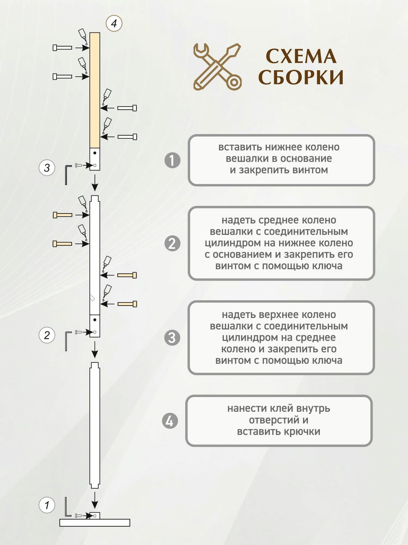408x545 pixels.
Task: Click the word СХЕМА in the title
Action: pyautogui.click(x=301, y=56)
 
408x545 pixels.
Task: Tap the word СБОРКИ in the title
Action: pyautogui.click(x=301, y=77)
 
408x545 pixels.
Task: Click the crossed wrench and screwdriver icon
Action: pyautogui.click(x=217, y=67)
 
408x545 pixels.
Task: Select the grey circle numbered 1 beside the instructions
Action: pyautogui.click(x=172, y=160)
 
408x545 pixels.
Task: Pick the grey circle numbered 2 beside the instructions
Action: pyautogui.click(x=172, y=243)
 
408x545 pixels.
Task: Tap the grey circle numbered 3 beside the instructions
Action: pyautogui.click(x=172, y=338)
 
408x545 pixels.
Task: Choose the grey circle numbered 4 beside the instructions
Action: pyautogui.click(x=170, y=421)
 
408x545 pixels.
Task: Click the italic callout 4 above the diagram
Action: pyautogui.click(x=114, y=23)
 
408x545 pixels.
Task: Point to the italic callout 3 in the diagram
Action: pyautogui.click(x=47, y=168)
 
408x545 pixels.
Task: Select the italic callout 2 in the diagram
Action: pyautogui.click(x=47, y=335)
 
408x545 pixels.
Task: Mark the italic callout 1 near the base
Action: pyautogui.click(x=47, y=505)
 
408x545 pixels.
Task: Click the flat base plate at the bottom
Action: pyautogui.click(x=95, y=522)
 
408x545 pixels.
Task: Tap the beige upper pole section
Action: pyautogui.click(x=95, y=90)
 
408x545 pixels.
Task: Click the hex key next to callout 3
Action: pyautogui.click(x=67, y=174)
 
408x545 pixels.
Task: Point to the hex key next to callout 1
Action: pyautogui.click(x=67, y=507)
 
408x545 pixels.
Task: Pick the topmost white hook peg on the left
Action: pyautogui.click(x=62, y=48)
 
